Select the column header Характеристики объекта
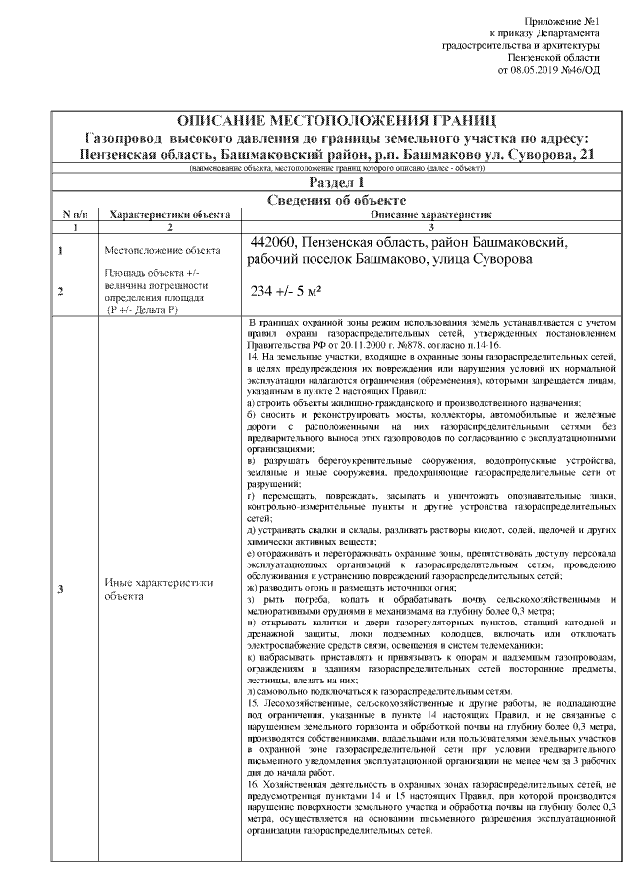[x=170, y=213]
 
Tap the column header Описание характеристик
[x=429, y=213]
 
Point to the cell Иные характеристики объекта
[x=158, y=588]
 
